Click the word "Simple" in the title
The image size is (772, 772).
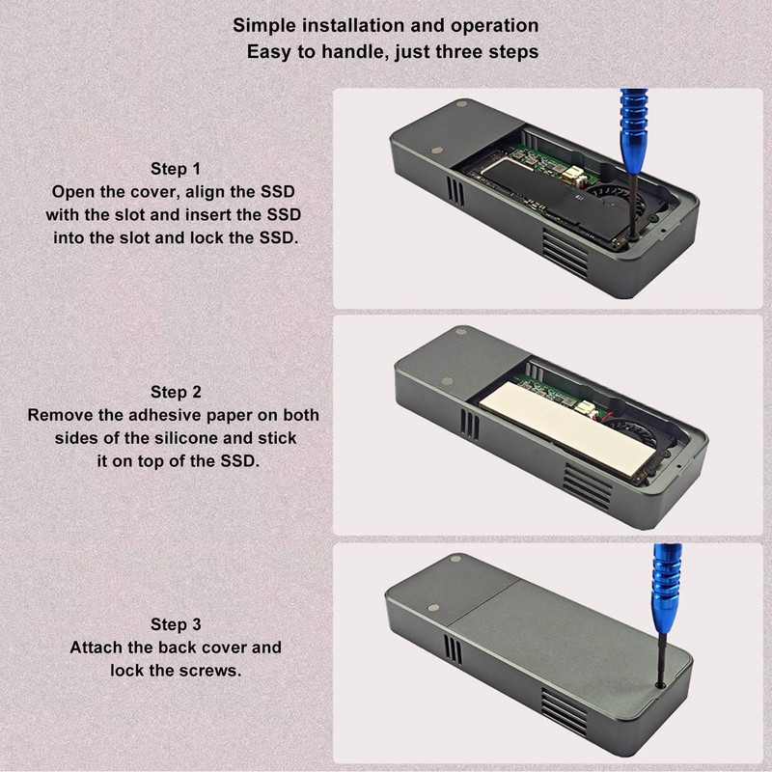coord(262,25)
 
